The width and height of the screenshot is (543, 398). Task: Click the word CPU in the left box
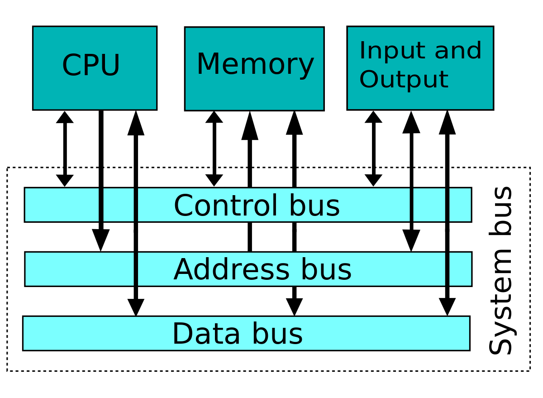click(91, 66)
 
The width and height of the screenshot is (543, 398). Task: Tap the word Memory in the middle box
click(255, 65)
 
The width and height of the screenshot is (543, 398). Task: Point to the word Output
click(403, 80)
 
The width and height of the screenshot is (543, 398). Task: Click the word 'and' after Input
click(457, 51)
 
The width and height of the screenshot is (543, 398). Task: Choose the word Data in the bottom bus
click(206, 334)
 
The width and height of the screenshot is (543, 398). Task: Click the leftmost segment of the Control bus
click(62, 205)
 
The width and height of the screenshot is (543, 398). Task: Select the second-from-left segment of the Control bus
click(119, 205)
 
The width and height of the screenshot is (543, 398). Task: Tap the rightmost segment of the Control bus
click(460, 205)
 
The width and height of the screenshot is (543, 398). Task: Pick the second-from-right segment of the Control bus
click(429, 205)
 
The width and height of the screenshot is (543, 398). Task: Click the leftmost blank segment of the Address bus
click(79, 269)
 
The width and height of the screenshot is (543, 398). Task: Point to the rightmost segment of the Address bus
click(460, 269)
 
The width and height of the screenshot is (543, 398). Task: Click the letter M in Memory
click(208, 65)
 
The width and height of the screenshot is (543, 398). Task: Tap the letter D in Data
click(182, 334)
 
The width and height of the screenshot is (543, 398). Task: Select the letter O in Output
click(369, 80)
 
